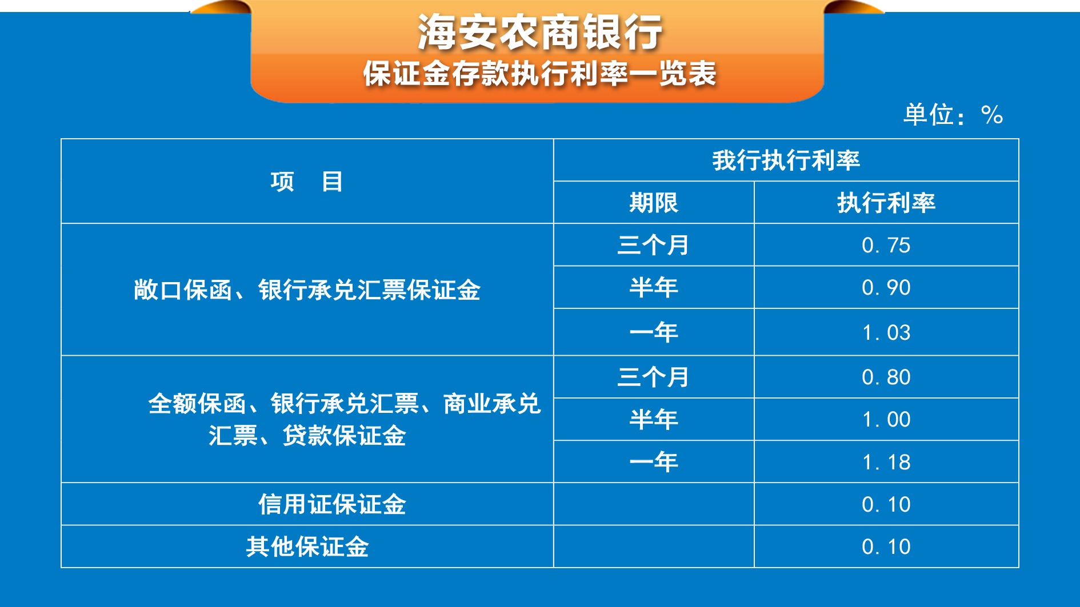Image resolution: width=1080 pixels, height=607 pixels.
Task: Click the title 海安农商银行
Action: coord(540,32)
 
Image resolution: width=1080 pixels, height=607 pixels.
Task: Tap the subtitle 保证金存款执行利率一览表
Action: coord(540,74)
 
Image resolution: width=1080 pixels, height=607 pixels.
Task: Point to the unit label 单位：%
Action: coord(953,115)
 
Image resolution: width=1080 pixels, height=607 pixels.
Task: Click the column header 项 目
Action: coord(307,182)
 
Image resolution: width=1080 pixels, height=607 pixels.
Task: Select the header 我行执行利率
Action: coord(786,160)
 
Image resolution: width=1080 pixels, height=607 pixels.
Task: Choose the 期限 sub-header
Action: coord(654,203)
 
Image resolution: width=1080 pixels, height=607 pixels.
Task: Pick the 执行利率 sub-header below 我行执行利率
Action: coord(886,203)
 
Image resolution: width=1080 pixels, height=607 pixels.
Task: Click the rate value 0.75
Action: coord(886,246)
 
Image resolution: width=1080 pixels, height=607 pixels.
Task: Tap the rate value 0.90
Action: coord(886,288)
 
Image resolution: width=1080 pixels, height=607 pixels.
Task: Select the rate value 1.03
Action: coord(886,332)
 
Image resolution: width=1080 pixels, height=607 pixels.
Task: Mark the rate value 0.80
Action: coord(886,377)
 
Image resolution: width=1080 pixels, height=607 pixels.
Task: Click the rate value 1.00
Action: coord(886,420)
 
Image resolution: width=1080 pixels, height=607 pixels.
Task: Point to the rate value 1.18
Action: coord(886,462)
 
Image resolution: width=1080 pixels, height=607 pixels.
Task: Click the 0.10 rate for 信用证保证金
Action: coord(886,505)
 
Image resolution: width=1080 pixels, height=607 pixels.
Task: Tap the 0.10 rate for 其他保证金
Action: coord(886,547)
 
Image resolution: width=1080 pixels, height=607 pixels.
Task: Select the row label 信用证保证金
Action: coord(332,505)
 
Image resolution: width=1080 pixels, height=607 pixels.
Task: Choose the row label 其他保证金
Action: coord(307,547)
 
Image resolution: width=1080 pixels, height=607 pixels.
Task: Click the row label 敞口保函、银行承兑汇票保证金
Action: coord(307,290)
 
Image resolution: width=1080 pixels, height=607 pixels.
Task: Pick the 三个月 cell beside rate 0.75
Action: coord(654,246)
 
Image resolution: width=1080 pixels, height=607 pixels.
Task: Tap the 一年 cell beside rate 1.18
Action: coord(654,462)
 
